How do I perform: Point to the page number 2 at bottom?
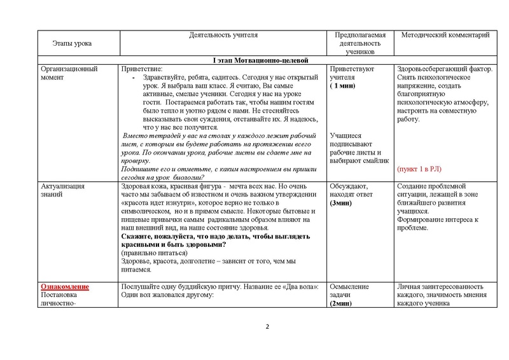point(267,328)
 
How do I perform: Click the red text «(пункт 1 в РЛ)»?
point(420,169)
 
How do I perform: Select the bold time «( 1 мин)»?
point(342,85)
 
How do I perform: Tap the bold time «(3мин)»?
point(342,202)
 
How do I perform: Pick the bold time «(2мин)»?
point(342,304)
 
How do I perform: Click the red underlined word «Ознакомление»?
point(65,287)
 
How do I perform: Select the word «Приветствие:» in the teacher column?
point(142,69)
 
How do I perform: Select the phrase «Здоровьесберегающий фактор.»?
point(443,69)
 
